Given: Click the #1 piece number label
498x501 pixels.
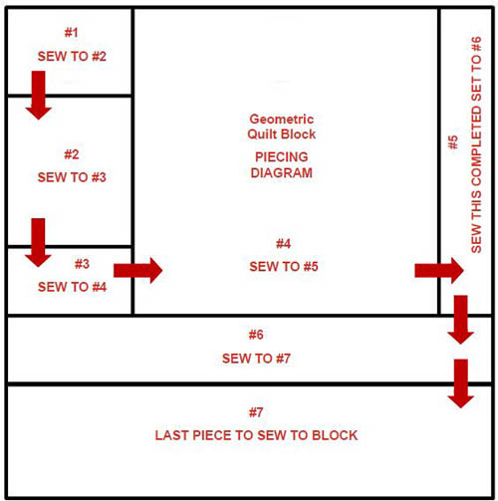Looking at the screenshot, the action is tap(72, 33).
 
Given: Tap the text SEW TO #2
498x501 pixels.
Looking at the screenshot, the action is tap(72, 56).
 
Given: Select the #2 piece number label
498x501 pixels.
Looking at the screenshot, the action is tap(72, 154).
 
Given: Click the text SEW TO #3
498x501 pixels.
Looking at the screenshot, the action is tap(72, 177).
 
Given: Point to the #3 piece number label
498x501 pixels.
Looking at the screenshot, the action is tap(82, 264).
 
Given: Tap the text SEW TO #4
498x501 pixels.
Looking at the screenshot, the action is tap(73, 287).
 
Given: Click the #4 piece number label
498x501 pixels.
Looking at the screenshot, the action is tap(284, 244).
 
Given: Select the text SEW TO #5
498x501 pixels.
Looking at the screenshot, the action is tap(284, 266).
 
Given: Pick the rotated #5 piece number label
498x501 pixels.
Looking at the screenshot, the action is tap(453, 142).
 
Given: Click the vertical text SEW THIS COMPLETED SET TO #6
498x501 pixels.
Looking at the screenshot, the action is tap(476, 144).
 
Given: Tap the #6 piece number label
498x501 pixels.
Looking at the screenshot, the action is tap(256, 335).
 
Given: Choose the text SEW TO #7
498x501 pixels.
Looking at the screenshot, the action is tap(256, 359).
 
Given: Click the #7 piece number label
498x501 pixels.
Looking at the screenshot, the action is tap(256, 412).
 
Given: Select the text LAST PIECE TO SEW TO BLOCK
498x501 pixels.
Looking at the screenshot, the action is tap(256, 435).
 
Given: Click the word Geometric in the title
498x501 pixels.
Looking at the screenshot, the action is tap(282, 119).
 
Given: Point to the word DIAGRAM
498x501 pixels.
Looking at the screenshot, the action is tap(282, 172).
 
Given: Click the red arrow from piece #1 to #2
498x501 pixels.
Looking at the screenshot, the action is tap(39, 96).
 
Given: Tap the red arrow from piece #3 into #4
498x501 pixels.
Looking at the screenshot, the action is tap(138, 270).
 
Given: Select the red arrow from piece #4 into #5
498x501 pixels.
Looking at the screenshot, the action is tap(439, 271).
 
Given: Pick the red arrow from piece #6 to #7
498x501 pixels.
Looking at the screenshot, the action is tap(461, 383).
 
